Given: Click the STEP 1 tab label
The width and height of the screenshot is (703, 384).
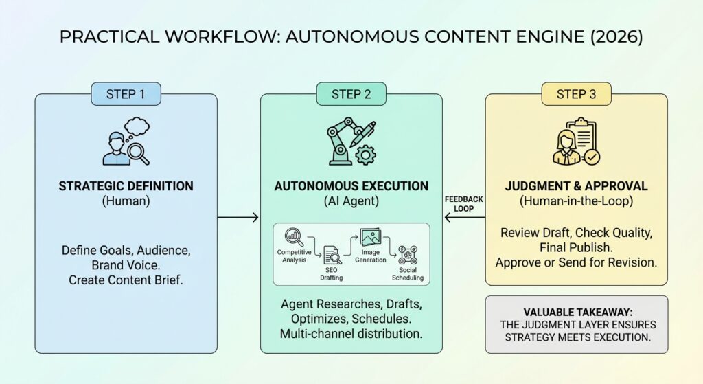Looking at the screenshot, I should coord(126,94).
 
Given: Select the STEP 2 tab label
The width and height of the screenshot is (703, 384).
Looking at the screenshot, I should coord(351,94).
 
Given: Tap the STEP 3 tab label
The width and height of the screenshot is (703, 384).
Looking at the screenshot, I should coord(576,94).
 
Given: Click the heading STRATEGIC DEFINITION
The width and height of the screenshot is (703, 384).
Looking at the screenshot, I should coord(126,186).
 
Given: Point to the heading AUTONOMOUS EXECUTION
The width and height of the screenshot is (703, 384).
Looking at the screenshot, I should coord(351,186).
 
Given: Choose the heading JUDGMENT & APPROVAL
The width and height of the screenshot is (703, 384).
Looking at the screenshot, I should coord(576,186).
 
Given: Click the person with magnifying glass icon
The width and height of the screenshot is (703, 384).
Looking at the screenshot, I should coord(126,143).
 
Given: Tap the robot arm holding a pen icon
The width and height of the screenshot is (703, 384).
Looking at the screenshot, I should coord(351,143).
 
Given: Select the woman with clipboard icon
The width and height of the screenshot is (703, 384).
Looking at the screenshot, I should coord(575,143).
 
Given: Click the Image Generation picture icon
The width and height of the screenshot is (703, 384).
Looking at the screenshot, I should coord(371,238).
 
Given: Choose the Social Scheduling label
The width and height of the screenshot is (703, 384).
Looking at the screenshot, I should coord(408,274).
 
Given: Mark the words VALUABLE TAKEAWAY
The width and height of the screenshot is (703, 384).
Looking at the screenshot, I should coord(576,310).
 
